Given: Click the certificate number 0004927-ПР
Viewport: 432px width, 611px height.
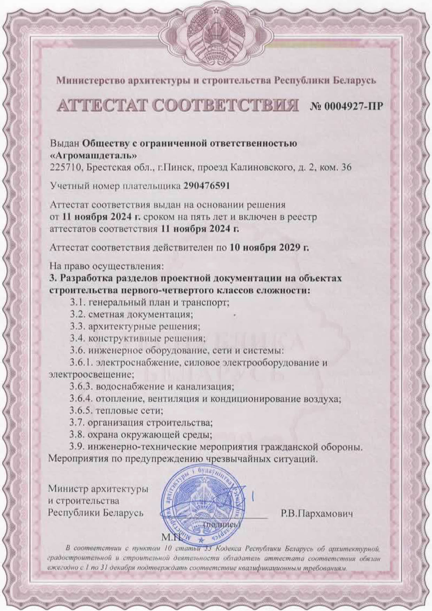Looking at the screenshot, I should point(345,106).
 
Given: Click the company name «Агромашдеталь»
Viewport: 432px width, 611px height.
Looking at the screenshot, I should point(94,154).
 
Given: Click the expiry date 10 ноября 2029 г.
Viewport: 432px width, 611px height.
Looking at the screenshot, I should point(269,248).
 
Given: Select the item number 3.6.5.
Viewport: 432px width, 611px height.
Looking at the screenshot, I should point(80,411).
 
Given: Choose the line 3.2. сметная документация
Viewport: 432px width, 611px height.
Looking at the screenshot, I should point(131,315).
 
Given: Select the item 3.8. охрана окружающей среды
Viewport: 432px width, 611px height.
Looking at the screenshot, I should point(141,435).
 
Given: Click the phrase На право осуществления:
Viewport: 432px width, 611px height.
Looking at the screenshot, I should point(106,266).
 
